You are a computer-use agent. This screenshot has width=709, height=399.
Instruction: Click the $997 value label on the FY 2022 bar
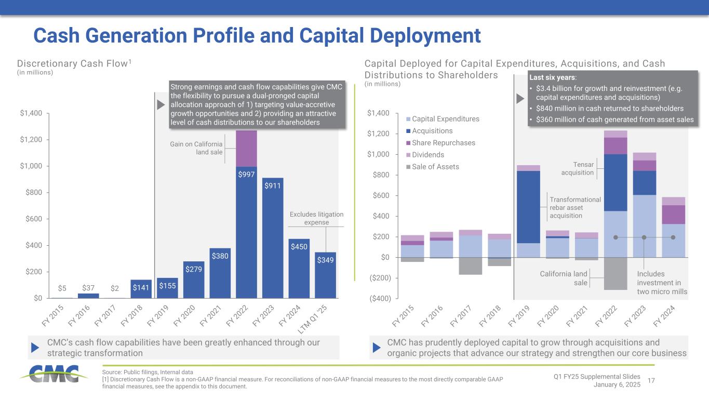[246, 175]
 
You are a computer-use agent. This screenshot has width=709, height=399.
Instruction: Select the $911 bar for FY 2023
[273, 239]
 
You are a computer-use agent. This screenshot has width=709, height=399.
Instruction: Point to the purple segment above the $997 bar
[246, 148]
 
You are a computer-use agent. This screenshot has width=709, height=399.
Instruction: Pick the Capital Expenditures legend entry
[446, 119]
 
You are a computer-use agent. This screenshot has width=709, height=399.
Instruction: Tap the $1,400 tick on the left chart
[31, 113]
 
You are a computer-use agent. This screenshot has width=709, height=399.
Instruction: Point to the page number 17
[652, 381]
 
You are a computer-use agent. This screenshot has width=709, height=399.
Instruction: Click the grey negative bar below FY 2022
[616, 273]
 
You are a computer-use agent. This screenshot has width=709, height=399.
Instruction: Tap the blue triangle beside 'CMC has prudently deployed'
[378, 348]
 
